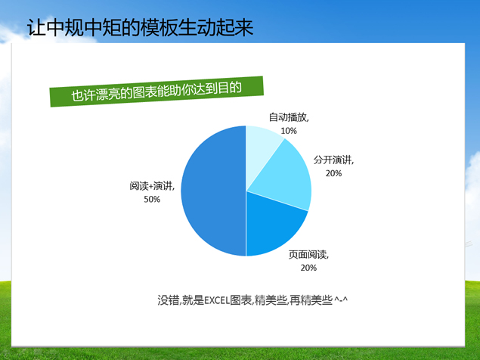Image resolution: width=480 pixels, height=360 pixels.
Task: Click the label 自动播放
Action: point(288,118)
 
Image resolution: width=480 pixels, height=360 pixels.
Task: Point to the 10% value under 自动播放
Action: point(288,131)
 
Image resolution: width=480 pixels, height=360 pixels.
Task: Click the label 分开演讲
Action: point(332,160)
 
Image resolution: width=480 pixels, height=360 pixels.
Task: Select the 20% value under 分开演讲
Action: point(333,173)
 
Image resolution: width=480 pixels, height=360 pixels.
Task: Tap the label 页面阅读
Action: point(307,255)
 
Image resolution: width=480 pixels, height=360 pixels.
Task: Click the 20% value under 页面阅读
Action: point(308,268)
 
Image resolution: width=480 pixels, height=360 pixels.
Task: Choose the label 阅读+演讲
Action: point(151,186)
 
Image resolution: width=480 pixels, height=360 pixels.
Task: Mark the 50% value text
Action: point(151,200)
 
